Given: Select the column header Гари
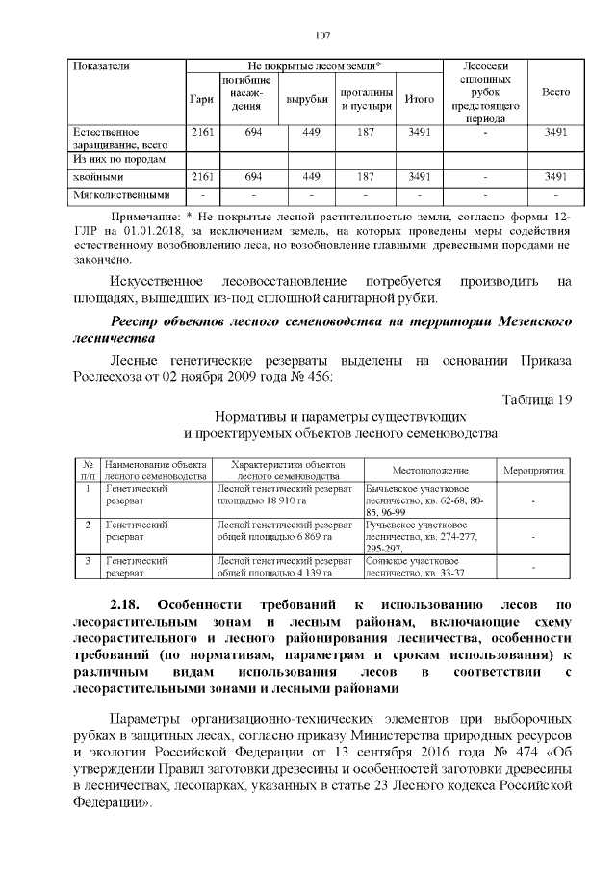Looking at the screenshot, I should [202, 98].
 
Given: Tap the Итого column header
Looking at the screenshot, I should [419, 98].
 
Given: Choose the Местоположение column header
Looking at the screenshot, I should [429, 470].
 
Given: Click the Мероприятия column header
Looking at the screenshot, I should [534, 470].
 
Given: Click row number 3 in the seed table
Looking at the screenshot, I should [88, 560].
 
